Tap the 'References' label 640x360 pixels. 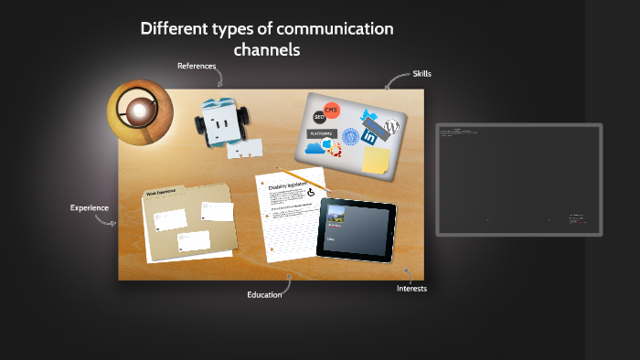[196, 66]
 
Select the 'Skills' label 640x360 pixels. [421, 73]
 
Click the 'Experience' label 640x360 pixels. [90, 207]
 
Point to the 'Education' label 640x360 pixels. [263, 294]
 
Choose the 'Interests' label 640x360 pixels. [411, 289]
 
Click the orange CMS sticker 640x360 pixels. [332, 111]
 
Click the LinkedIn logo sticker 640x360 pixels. [370, 136]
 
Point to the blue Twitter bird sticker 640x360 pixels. [369, 116]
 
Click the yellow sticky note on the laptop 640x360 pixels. [375, 160]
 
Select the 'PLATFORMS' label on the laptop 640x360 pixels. [322, 133]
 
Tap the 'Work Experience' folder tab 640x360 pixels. [161, 193]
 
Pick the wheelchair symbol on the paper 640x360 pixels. [311, 193]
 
